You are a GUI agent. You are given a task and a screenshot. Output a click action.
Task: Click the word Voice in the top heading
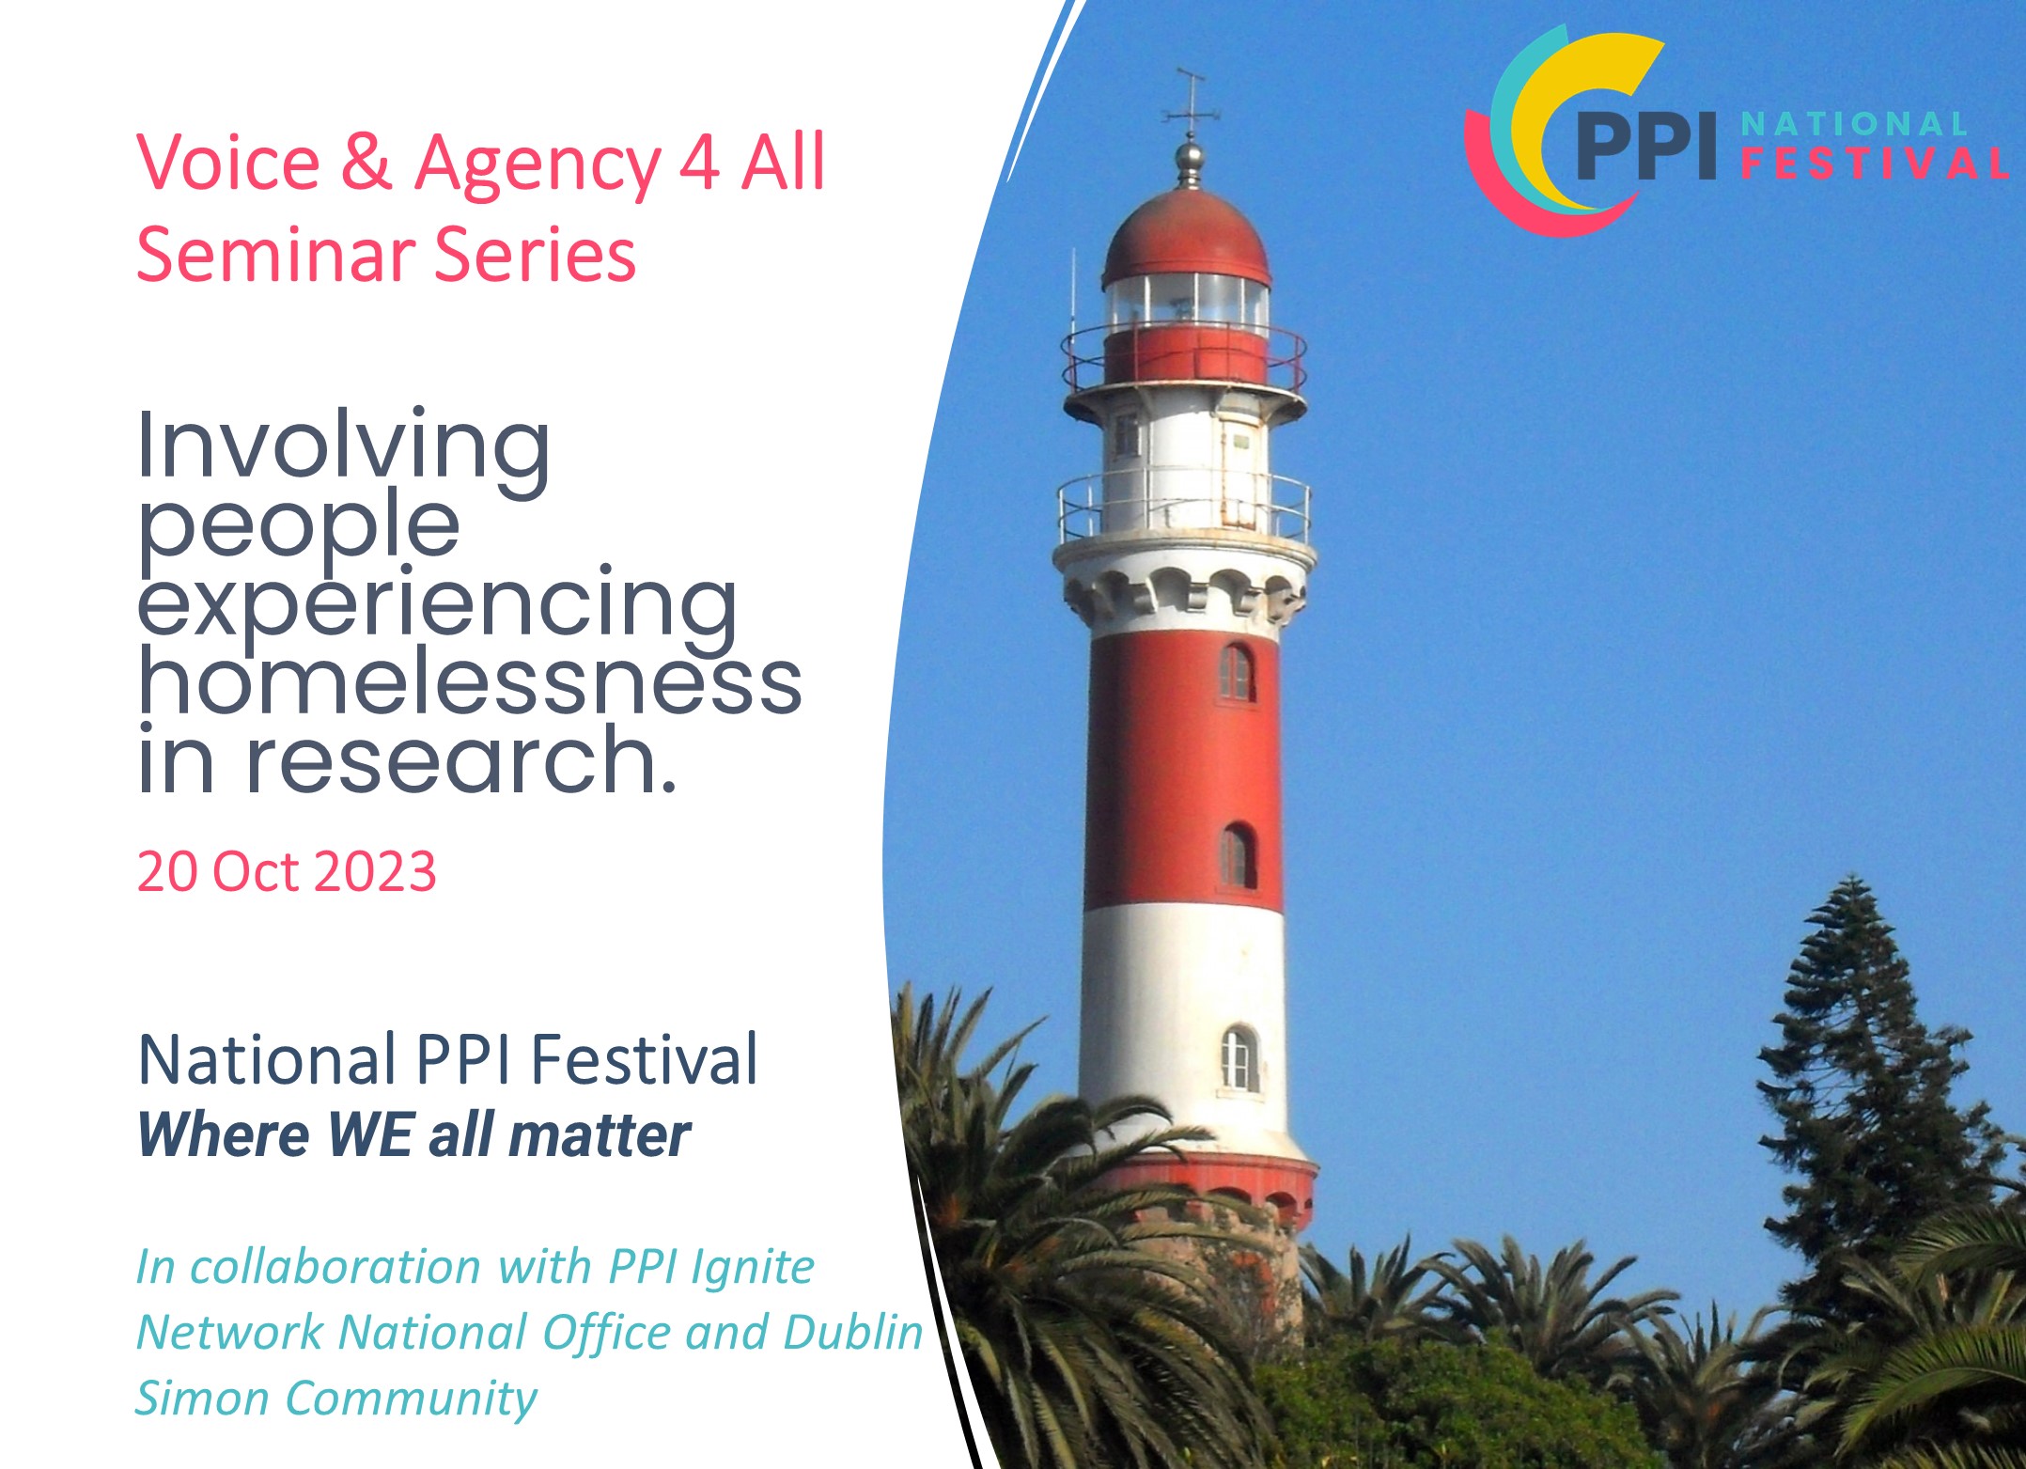point(228,163)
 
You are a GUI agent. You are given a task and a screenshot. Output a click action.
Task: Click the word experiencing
point(438,607)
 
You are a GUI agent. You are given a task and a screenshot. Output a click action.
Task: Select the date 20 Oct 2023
point(287,871)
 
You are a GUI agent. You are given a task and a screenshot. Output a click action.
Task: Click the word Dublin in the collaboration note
point(853,1332)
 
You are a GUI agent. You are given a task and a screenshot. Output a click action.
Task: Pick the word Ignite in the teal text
point(753,1268)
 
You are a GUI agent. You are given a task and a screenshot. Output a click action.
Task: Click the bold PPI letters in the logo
point(1646,146)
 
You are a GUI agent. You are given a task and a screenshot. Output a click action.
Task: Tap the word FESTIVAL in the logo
point(1875,164)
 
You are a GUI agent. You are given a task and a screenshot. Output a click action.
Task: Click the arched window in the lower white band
point(1239,1058)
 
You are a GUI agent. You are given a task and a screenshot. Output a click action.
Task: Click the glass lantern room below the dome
point(1186,303)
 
